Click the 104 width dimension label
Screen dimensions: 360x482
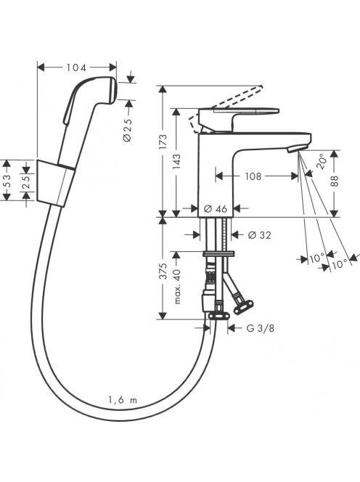point(76,68)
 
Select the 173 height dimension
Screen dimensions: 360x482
point(163,142)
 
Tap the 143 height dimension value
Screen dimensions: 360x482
point(176,162)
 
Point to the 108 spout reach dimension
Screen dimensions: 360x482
point(253,176)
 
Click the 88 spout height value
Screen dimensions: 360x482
point(335,181)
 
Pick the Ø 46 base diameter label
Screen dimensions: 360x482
point(216,209)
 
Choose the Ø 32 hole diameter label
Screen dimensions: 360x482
point(260,235)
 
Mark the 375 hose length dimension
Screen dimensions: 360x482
point(163,271)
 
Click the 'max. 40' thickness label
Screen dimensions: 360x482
point(177,285)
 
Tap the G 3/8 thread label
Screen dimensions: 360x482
point(261,328)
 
